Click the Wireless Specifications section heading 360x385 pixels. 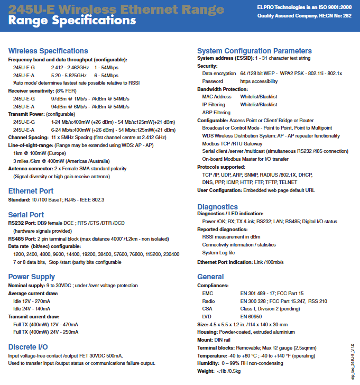tap(48, 51)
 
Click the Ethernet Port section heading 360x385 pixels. tap(31, 191)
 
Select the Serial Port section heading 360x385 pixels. tap(26, 215)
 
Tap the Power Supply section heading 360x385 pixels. tap(32, 277)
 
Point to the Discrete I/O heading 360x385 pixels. tap(28, 347)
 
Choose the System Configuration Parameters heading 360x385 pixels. tap(254, 51)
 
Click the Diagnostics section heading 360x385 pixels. tap(217, 207)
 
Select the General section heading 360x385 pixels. tap(210, 277)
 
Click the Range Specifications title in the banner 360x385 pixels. tap(72, 21)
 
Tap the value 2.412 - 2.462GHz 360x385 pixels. tap(70, 68)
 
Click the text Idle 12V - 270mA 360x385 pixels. tap(32, 301)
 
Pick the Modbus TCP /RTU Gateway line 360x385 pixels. tap(232, 143)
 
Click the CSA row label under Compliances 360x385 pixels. tap(207, 308)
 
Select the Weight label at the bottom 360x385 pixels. tap(206, 371)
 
